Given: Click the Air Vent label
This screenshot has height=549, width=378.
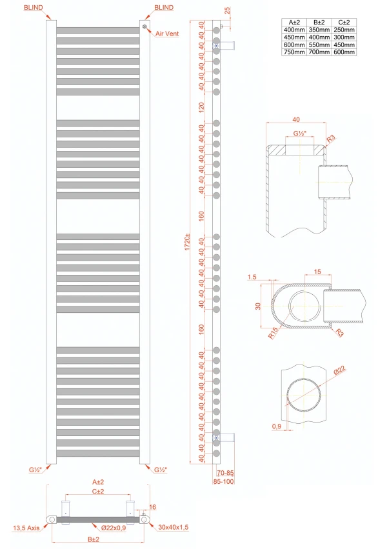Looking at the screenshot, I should coord(167,34).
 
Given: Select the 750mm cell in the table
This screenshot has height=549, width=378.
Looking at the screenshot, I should coord(294,52).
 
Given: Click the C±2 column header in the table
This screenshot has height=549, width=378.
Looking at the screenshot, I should coord(344,23).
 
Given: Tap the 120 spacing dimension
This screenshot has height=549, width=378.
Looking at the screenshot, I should coord(201,106).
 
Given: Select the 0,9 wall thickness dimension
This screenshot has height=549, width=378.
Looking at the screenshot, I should coord(277,426).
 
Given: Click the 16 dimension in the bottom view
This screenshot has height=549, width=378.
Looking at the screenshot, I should coord(152,507).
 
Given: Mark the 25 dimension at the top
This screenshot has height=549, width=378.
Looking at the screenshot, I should coord(227,11).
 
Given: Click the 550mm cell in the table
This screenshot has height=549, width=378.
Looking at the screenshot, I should coord(319,45).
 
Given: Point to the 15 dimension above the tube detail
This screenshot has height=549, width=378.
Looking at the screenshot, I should coord(318,272).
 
